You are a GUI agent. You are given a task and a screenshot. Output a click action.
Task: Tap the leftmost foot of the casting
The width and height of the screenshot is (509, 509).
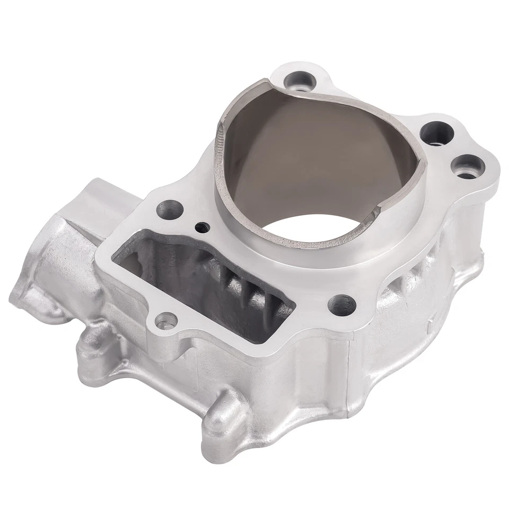click(24, 302)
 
